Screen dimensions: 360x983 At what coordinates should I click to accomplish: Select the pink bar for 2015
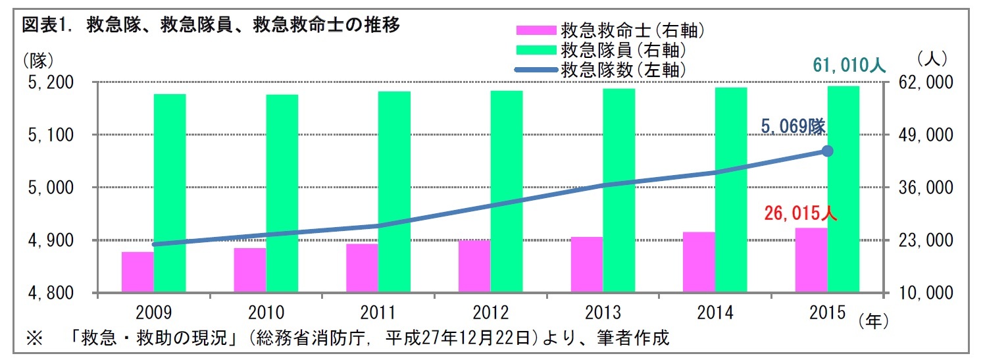coord(811,259)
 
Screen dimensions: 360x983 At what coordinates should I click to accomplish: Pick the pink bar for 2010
coord(250,270)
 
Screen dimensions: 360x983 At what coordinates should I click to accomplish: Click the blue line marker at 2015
coord(828,151)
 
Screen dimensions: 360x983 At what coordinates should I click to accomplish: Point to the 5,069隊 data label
coord(794,127)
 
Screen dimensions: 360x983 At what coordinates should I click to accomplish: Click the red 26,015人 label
coord(800,214)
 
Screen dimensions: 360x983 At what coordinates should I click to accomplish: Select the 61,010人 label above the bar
coord(849,65)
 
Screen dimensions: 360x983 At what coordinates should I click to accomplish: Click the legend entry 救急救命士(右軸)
coord(632,30)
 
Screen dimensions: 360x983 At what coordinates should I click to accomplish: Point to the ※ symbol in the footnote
coord(34,340)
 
